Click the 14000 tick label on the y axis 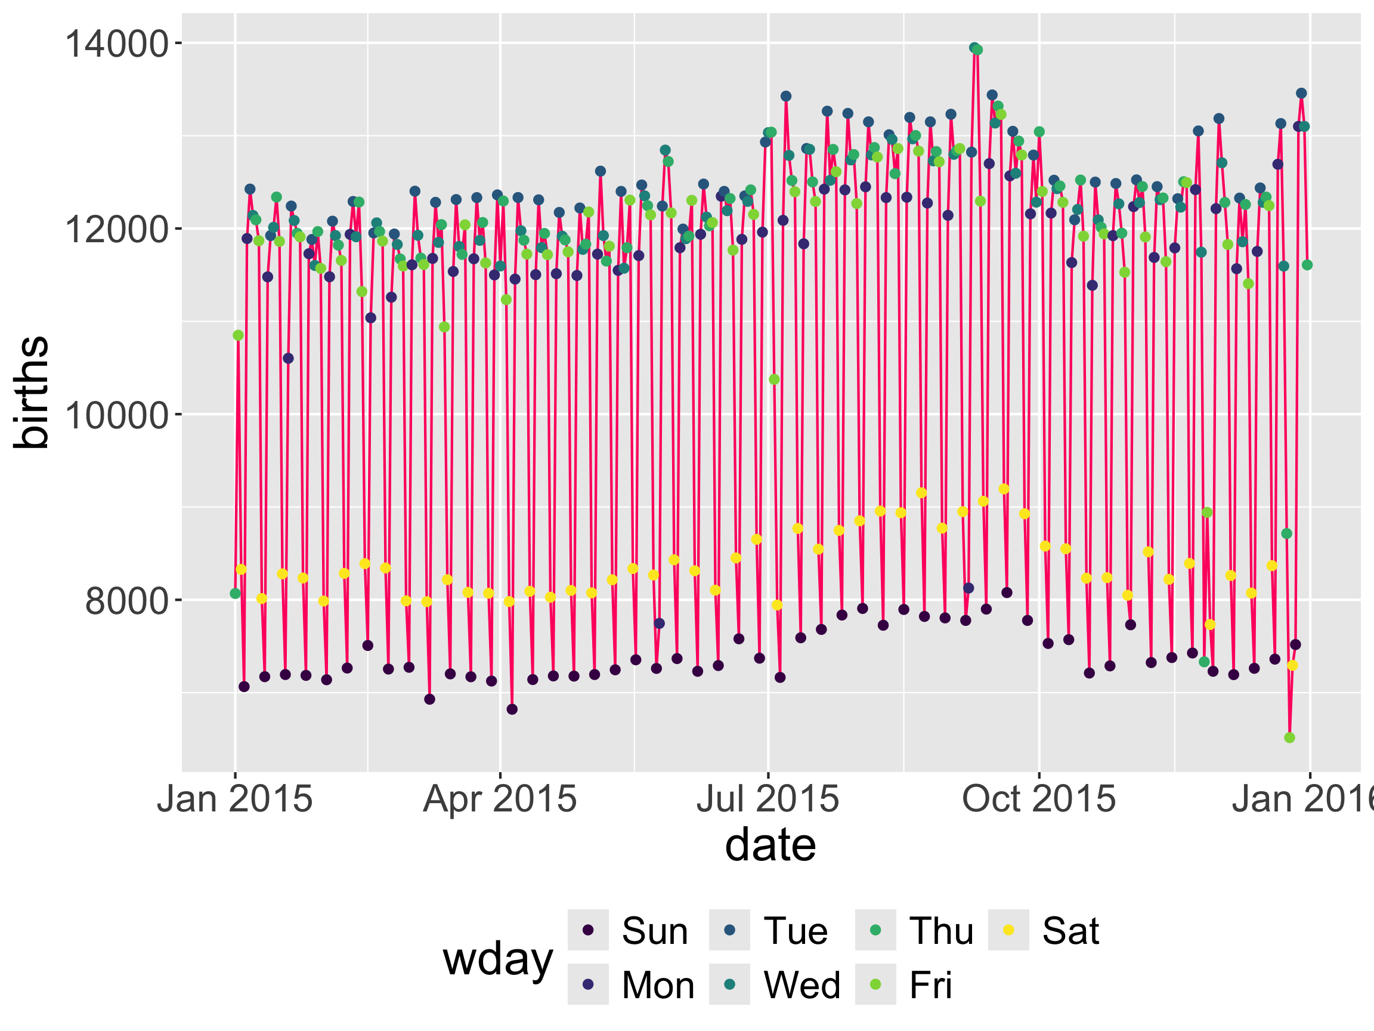click(116, 44)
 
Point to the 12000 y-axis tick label click(116, 229)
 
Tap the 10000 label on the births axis click(116, 415)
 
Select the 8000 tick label click(126, 601)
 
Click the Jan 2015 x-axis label click(235, 798)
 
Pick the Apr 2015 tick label click(500, 798)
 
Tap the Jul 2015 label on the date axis click(768, 798)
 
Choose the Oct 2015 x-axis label click(1039, 798)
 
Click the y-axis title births click(31, 392)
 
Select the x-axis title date click(770, 845)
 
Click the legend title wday click(497, 959)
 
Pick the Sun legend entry click(655, 931)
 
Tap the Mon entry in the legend click(658, 985)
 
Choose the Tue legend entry click(796, 931)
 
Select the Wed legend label click(802, 985)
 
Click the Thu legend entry click(941, 931)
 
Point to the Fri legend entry click(930, 985)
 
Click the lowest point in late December click(1289, 737)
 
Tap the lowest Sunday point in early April click(512, 709)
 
